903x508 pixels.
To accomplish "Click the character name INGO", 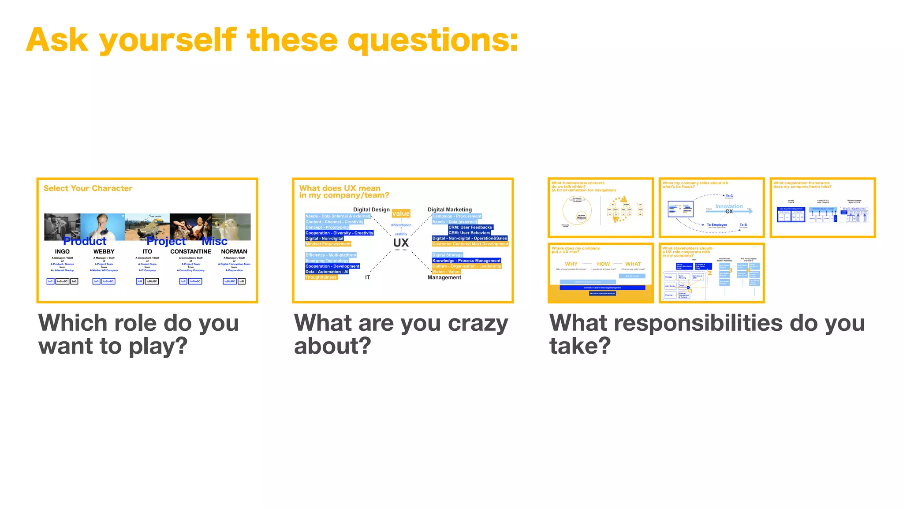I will [62, 251].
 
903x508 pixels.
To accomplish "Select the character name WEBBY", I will [104, 251].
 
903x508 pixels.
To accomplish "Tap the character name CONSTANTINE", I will [190, 251].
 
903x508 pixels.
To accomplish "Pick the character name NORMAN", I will [234, 251].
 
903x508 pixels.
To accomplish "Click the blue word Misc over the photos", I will [214, 241].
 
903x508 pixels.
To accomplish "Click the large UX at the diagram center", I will [401, 243].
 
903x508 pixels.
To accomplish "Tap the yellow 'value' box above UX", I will [401, 213].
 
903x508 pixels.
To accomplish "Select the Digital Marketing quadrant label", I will [449, 209].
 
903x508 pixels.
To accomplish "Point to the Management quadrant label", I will [444, 277].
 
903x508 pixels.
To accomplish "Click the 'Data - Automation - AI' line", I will [327, 272].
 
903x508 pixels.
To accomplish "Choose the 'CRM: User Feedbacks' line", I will [470, 227].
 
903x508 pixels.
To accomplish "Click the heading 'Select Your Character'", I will [88, 188].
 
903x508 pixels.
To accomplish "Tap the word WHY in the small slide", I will [571, 264].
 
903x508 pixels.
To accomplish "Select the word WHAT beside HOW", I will [633, 264].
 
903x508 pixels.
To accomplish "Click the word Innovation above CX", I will [728, 206].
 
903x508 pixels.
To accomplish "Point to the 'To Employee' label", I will [716, 225].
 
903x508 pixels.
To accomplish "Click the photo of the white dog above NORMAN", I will [231, 227].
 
